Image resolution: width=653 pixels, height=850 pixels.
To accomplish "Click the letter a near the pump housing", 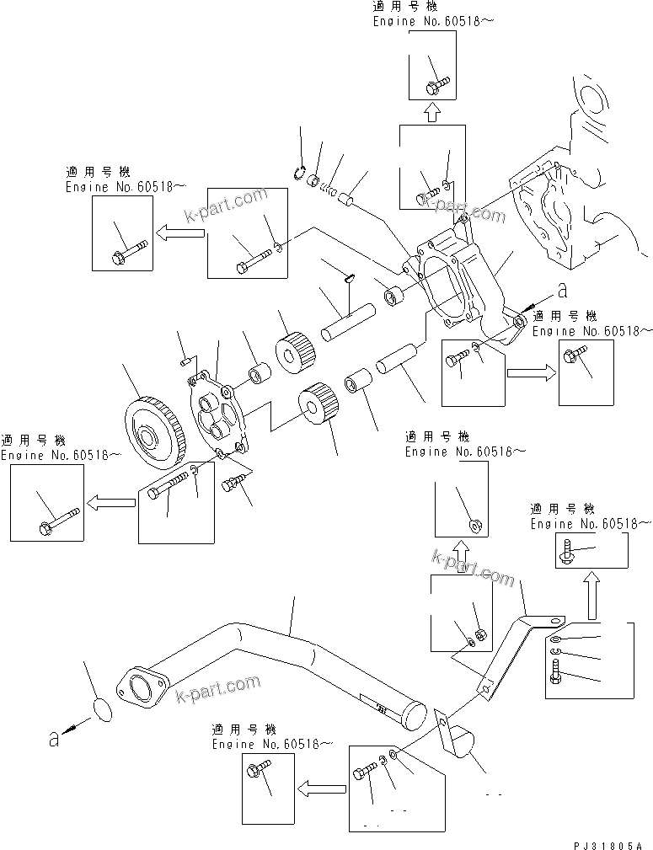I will tap(560, 291).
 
